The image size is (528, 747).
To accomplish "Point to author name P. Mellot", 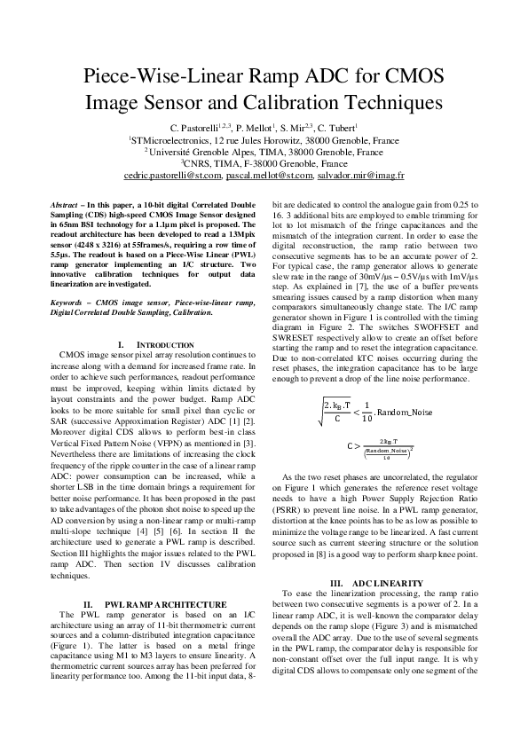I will coord(258,128).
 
